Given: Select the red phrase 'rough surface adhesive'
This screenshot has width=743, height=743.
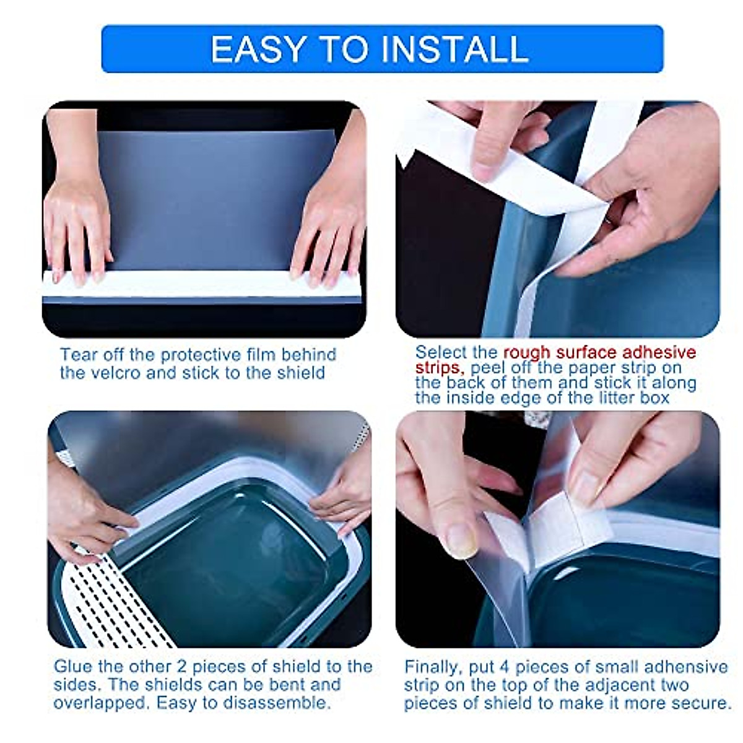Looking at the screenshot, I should pyautogui.click(x=599, y=352).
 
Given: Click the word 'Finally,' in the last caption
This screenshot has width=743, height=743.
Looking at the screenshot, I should pyautogui.click(x=432, y=667).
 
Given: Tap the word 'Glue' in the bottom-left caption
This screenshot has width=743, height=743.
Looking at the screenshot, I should pyautogui.click(x=74, y=667).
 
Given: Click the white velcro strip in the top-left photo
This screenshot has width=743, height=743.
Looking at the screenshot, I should pyautogui.click(x=201, y=284).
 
